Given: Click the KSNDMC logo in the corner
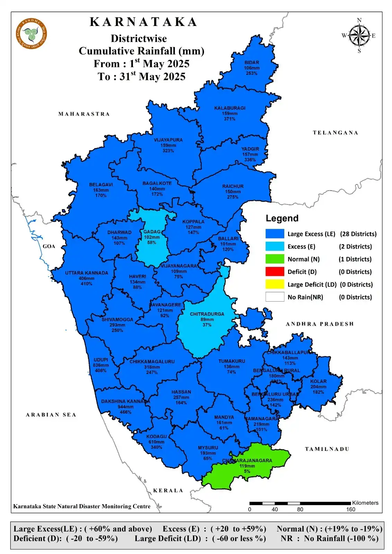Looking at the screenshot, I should [x=31, y=34].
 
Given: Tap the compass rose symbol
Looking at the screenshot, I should [x=359, y=36].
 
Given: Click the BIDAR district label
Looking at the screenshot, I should [x=252, y=63].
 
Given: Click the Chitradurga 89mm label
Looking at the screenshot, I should [x=207, y=320].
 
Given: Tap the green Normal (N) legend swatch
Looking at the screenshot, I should [x=275, y=259].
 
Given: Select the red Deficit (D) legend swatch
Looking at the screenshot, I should [x=275, y=272].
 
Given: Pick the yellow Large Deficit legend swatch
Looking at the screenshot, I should [x=275, y=284].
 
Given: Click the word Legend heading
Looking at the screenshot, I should [x=282, y=218].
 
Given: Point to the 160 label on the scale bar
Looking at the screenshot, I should [x=350, y=509].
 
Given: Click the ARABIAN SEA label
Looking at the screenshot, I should [x=51, y=415].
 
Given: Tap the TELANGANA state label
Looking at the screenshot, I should [x=335, y=133].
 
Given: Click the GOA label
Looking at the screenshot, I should [x=49, y=246].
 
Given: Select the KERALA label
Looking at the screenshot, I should [x=168, y=490].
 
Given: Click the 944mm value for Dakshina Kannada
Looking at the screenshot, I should [x=125, y=407].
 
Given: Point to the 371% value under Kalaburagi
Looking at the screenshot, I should [x=229, y=119].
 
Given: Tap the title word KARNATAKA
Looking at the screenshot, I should [x=143, y=22].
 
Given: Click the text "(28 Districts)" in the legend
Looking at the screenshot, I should [x=358, y=234].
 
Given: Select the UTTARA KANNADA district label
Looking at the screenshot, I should [x=87, y=273].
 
